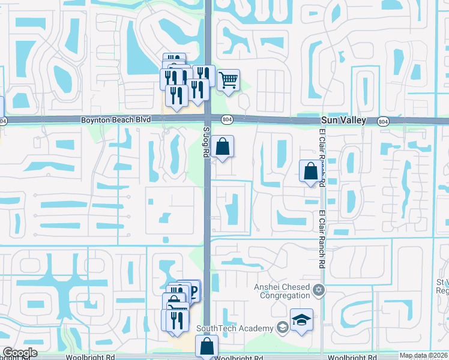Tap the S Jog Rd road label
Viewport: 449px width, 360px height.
coord(206,140)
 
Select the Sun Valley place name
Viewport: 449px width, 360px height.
coord(342,121)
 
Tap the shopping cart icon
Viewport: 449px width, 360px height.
coord(228,80)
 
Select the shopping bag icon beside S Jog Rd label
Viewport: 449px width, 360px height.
coord(222,146)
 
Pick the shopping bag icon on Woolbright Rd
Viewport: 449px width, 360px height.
coord(206,346)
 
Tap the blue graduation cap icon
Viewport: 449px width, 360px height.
coord(301,319)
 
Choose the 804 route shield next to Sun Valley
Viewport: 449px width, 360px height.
coord(382,121)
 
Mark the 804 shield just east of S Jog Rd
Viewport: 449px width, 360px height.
coord(226,120)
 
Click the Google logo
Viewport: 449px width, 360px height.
coord(19,353)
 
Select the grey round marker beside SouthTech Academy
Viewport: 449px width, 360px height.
coord(282,328)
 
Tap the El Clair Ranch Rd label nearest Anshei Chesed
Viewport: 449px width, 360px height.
coord(322,240)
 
